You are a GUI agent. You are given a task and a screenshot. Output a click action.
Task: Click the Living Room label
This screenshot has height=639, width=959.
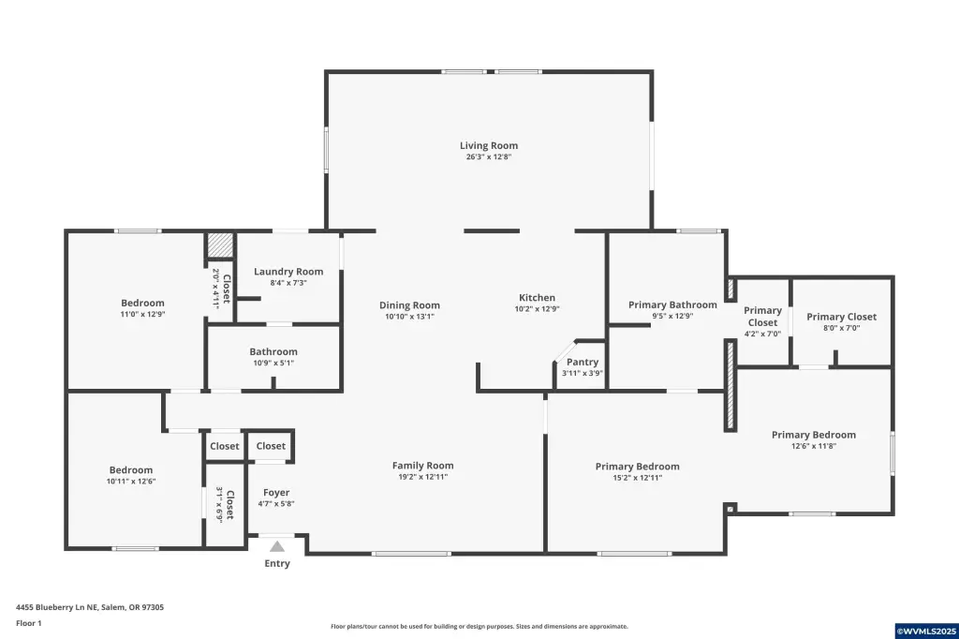pyautogui.click(x=489, y=145)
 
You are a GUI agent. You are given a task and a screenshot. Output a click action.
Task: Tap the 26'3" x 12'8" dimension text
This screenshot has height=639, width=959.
pyautogui.click(x=489, y=156)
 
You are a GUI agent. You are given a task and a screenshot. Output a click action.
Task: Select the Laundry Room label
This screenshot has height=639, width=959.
pyautogui.click(x=288, y=272)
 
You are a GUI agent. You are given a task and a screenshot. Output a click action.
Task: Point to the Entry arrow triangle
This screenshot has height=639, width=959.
pyautogui.click(x=277, y=546)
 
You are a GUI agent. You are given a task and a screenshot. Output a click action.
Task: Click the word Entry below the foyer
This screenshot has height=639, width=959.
pyautogui.click(x=277, y=564)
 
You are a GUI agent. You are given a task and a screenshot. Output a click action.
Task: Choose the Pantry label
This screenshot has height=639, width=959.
pyautogui.click(x=583, y=363)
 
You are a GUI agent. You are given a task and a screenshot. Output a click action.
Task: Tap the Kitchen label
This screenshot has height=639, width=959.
pyautogui.click(x=537, y=298)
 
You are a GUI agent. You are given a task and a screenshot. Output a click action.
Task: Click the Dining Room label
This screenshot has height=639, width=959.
pyautogui.click(x=410, y=305)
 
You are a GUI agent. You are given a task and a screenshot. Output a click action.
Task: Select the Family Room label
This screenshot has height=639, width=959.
pyautogui.click(x=423, y=466)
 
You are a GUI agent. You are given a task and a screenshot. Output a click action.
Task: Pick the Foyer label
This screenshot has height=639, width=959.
pyautogui.click(x=276, y=493)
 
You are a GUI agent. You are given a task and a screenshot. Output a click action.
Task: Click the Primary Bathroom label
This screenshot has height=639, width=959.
pyautogui.click(x=672, y=305)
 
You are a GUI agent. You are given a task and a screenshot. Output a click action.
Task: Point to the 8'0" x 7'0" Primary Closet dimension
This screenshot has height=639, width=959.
pyautogui.click(x=842, y=328)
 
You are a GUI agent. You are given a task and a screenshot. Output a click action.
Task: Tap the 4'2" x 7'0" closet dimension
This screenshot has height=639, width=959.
pyautogui.click(x=762, y=334)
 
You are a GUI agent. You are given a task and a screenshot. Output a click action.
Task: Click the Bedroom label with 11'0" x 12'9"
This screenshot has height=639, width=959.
pyautogui.click(x=142, y=303)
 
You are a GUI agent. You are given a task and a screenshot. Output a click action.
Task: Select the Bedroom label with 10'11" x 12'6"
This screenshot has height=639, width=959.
pyautogui.click(x=131, y=470)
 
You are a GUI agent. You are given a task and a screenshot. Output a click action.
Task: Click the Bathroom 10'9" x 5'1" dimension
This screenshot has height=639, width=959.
pyautogui.click(x=273, y=363)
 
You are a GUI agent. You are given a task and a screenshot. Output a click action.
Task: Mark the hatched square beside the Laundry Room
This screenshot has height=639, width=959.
pyautogui.click(x=219, y=245)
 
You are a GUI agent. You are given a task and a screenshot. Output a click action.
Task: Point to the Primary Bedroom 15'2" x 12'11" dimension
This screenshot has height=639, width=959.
pyautogui.click(x=637, y=478)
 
